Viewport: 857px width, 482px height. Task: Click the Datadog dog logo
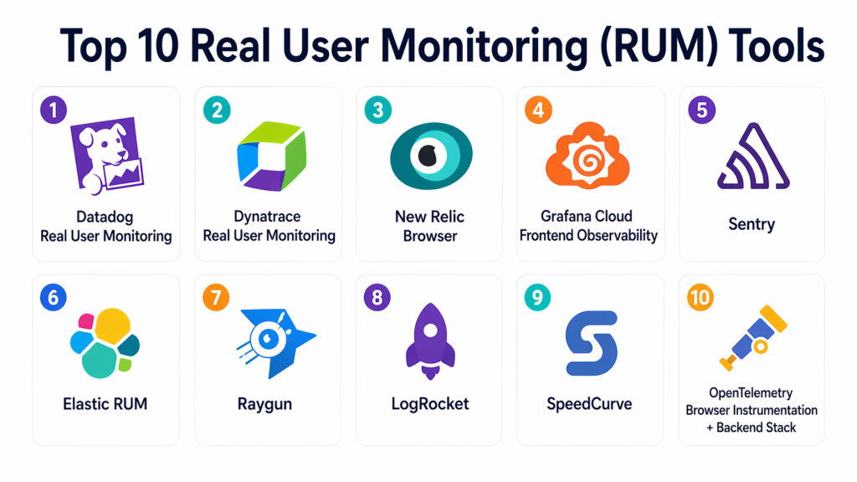pyautogui.click(x=106, y=159)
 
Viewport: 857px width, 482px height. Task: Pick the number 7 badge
pyautogui.click(x=216, y=297)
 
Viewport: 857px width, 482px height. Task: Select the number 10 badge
pyautogui.click(x=700, y=297)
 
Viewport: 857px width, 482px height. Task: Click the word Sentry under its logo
pyautogui.click(x=751, y=224)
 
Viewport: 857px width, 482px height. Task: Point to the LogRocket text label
pyautogui.click(x=430, y=404)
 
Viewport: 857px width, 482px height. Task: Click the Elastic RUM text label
pyautogui.click(x=105, y=404)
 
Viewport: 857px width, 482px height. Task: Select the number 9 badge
pyautogui.click(x=538, y=297)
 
